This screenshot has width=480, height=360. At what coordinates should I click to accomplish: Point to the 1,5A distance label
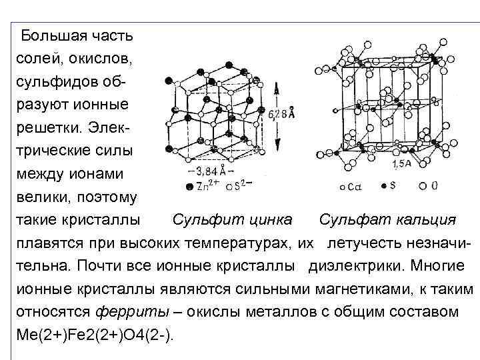pyautogui.click(x=401, y=163)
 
